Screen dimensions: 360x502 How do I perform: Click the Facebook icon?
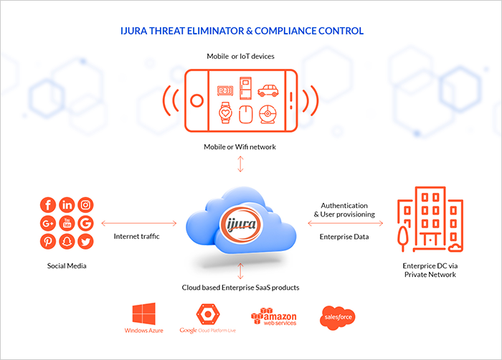(x=48, y=204)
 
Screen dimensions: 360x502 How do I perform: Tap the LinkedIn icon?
(x=67, y=204)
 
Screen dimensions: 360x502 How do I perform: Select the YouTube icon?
(x=67, y=223)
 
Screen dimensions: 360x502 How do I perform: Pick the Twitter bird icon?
(x=85, y=242)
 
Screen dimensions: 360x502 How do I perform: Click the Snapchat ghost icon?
(x=67, y=242)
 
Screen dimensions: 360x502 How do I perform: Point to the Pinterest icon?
(x=48, y=242)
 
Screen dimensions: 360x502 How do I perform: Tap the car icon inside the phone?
(x=267, y=90)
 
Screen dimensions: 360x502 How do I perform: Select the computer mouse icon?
(x=245, y=113)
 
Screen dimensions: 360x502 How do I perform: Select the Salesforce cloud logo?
(x=337, y=317)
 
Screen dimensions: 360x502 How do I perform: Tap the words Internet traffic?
(x=137, y=236)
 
